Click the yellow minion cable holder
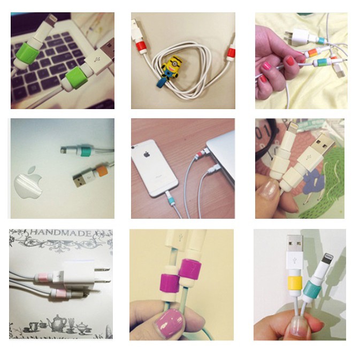click(x=171, y=67)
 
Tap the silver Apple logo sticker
click(x=28, y=182)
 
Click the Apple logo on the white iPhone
click(x=147, y=154)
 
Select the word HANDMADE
click(x=60, y=234)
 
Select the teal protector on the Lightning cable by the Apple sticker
click(x=83, y=150)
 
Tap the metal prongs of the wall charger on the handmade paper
click(x=103, y=275)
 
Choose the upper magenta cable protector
click(x=190, y=269)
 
